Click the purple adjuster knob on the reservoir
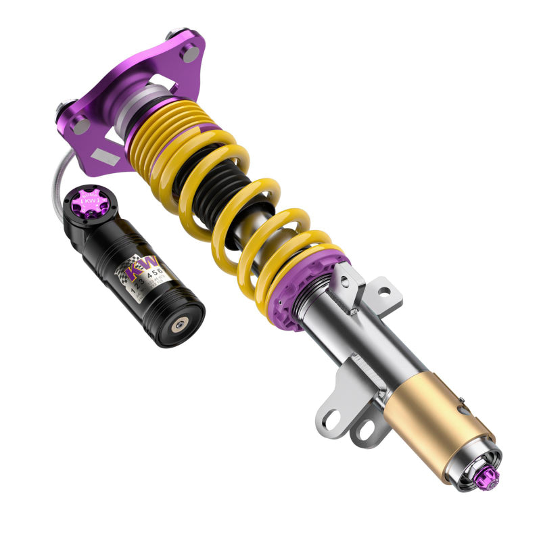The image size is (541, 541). click(x=89, y=200)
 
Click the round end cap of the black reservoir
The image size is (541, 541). click(x=179, y=325)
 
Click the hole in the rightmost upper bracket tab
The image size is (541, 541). click(x=383, y=293)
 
